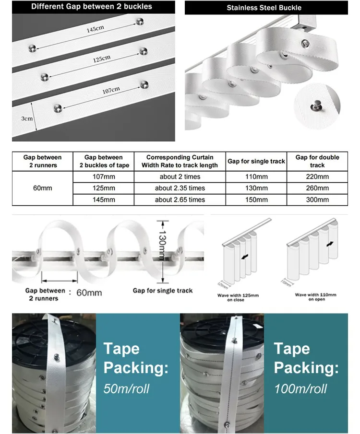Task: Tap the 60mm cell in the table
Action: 43,188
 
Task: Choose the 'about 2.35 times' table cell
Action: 180,188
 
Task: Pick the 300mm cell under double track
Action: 317,199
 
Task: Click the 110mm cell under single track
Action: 256,177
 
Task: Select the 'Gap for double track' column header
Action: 317,161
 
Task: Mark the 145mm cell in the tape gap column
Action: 103,199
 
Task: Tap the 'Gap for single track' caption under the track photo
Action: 163,291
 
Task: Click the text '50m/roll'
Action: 127,388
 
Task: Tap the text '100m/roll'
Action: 300,388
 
